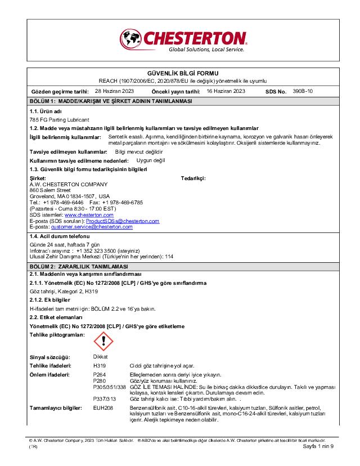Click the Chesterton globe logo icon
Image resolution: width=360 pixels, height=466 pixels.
130,39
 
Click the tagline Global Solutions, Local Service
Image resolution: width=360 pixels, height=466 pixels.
206,50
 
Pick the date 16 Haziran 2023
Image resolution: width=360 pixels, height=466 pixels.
226,91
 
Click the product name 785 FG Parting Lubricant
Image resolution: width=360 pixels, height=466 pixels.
59,120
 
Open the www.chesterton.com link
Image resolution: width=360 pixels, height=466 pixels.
89,214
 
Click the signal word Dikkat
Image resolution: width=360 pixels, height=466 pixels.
100,357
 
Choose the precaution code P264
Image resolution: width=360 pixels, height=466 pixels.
99,374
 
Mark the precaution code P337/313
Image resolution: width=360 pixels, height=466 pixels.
104,398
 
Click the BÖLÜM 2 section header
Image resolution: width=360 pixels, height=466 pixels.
79,266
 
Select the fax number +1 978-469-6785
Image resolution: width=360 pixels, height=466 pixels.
122,202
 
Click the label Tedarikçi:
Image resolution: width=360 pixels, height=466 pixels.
193,178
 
